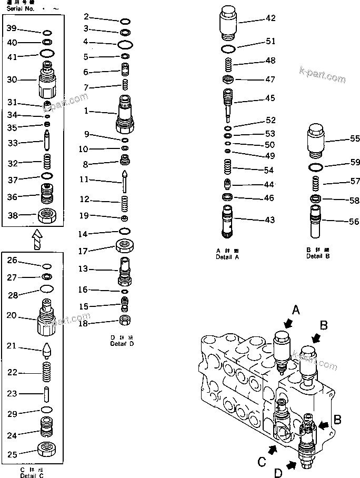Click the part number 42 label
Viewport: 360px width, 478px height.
pos(270,18)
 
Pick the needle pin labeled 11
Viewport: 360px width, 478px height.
pos(125,181)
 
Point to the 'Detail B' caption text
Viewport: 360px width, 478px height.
pos(318,257)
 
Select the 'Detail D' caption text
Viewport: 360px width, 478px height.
pos(122,344)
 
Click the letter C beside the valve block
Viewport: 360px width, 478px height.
pos(262,461)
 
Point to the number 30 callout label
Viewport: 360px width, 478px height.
pos(12,79)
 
